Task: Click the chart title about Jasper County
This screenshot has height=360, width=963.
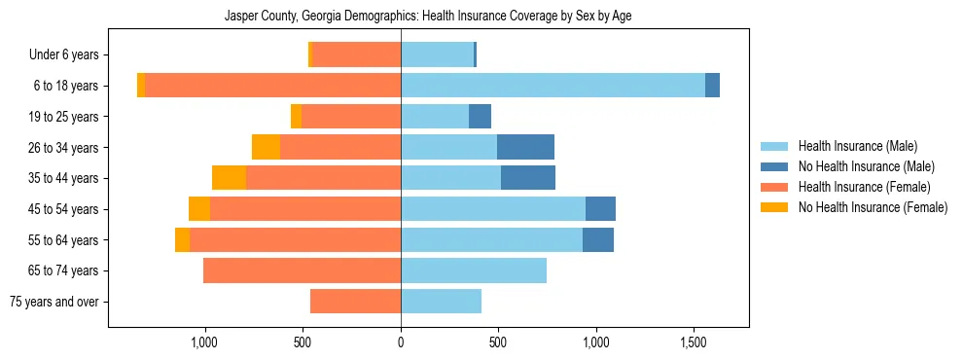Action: click(x=428, y=17)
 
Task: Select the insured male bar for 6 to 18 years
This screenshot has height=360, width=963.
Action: click(x=553, y=86)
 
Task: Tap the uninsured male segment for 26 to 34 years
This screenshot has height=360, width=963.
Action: click(x=525, y=147)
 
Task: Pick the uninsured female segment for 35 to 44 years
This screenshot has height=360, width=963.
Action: click(x=229, y=178)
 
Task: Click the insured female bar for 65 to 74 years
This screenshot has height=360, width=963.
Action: click(x=302, y=270)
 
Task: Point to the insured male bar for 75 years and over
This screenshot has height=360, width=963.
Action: click(x=441, y=302)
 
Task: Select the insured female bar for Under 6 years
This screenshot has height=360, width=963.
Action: click(x=356, y=54)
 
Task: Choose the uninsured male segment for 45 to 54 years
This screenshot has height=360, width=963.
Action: click(x=600, y=209)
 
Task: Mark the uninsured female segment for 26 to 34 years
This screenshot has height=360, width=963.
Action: click(x=266, y=147)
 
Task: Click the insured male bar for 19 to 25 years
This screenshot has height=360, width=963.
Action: click(x=435, y=117)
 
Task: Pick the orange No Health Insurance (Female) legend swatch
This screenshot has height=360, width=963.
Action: click(x=775, y=207)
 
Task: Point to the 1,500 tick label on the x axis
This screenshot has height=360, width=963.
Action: click(x=694, y=342)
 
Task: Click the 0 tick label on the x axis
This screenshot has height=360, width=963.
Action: click(x=401, y=342)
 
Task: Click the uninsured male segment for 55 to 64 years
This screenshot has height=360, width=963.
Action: click(x=598, y=239)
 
